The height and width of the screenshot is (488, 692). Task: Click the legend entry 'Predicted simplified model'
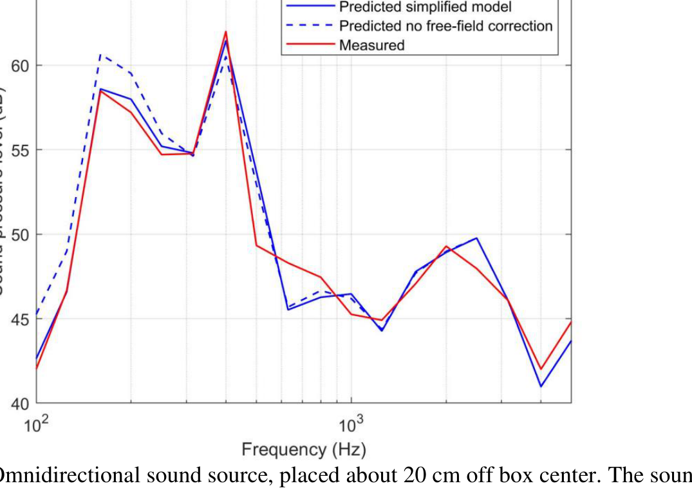[425, 7]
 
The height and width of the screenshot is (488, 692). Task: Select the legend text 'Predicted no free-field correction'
[445, 26]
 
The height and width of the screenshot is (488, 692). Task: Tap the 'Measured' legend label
[371, 45]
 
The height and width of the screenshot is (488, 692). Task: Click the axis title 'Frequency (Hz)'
[303, 449]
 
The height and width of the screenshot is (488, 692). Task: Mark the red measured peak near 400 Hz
[226, 32]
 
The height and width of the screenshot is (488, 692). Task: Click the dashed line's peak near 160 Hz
[100, 55]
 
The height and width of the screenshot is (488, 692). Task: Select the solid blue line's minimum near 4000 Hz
[541, 386]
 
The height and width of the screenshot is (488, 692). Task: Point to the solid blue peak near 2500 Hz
[476, 238]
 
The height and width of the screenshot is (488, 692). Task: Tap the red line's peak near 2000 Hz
[446, 246]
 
